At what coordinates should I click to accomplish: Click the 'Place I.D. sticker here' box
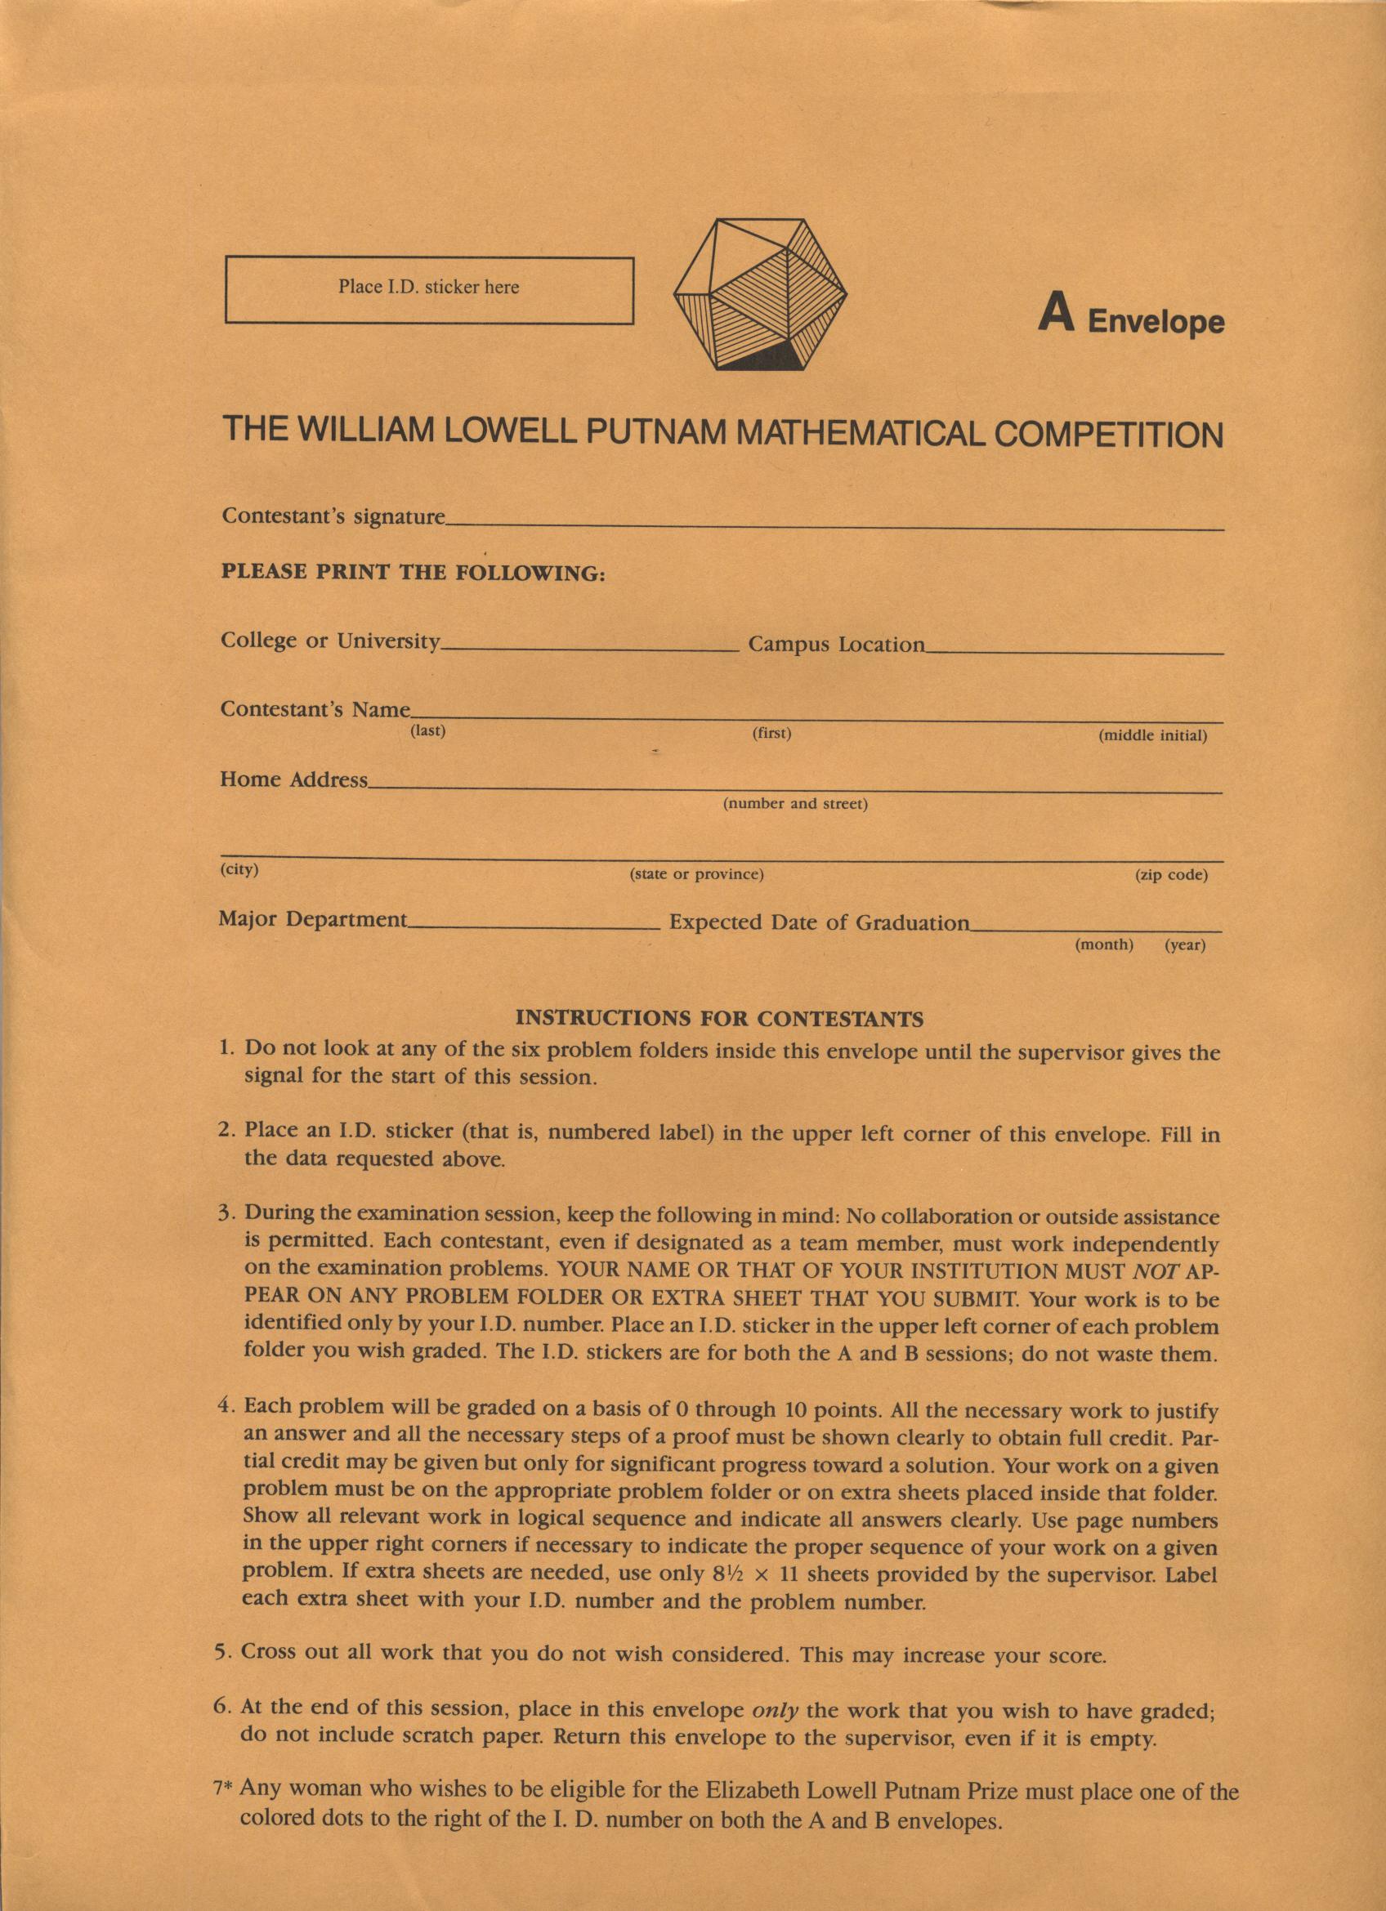tap(429, 290)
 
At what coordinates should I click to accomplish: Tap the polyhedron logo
tap(761, 294)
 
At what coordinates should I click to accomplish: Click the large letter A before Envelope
tap(1056, 314)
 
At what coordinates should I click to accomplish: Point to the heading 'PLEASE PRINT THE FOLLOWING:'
tap(413, 573)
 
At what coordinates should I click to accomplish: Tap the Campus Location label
tap(836, 645)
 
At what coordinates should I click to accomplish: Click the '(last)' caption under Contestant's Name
tap(427, 730)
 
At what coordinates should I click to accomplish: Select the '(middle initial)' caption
tap(1152, 735)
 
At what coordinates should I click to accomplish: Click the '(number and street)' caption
tap(795, 804)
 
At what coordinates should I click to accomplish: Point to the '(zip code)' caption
tap(1171, 874)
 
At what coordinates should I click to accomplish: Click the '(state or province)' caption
tap(697, 874)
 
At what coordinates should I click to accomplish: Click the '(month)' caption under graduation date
tap(1104, 944)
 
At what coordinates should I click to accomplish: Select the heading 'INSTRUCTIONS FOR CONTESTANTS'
tap(718, 1019)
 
